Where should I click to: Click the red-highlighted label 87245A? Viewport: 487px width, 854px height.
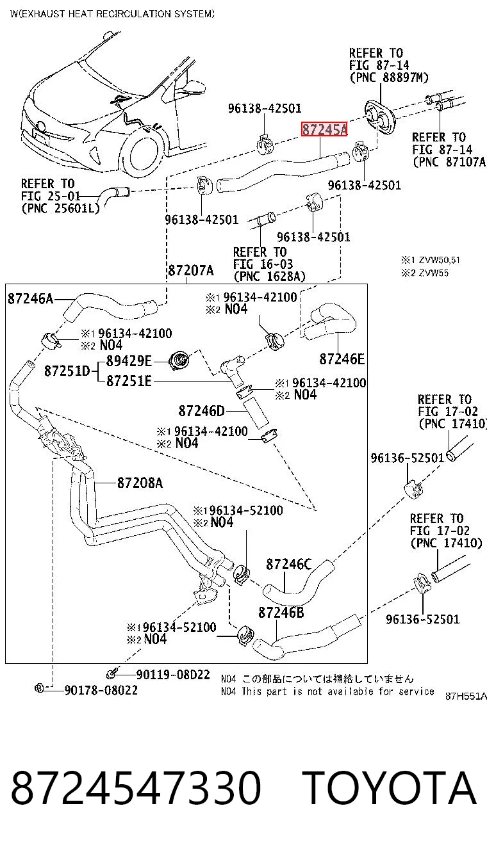(324, 129)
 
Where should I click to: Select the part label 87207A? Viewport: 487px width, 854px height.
(191, 270)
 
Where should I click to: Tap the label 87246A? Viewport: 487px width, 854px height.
(31, 298)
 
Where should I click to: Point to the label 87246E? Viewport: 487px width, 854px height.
(342, 359)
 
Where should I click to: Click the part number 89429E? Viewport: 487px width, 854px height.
(129, 360)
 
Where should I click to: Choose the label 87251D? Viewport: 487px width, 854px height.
(67, 371)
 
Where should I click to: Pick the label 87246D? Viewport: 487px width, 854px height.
(201, 410)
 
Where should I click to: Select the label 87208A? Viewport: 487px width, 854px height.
(140, 483)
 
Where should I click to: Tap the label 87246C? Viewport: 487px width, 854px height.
(289, 564)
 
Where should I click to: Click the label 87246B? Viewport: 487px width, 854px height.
(281, 612)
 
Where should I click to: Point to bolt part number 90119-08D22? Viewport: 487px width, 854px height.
(173, 675)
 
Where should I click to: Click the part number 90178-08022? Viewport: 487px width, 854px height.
(101, 689)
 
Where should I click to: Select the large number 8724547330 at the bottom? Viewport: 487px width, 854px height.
(136, 787)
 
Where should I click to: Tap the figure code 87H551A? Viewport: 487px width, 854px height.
(466, 696)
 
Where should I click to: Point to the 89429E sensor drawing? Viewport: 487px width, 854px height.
(179, 361)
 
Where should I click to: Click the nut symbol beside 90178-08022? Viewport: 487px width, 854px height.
(39, 689)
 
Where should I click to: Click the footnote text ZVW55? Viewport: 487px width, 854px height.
(434, 273)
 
